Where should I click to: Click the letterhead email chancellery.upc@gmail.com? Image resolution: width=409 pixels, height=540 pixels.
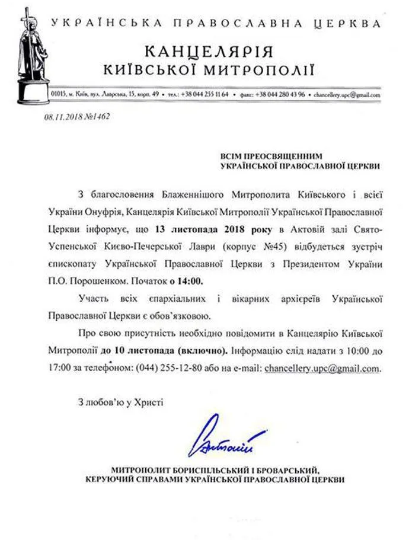pos(347,94)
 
